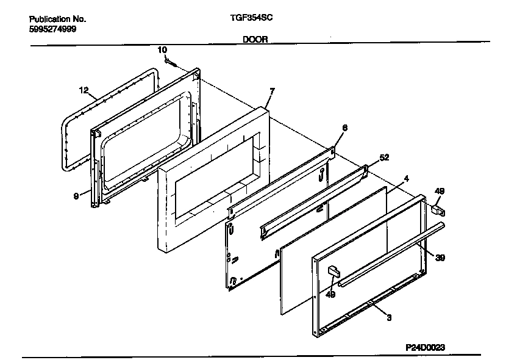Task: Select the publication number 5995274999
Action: coord(52,29)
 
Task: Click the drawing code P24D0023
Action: coord(425,347)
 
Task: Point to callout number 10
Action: coord(162,49)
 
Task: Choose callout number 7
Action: coord(272,91)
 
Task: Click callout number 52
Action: coord(384,157)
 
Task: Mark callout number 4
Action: coord(406,179)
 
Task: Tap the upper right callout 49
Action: coord(439,192)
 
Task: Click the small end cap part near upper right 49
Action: coord(437,211)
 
